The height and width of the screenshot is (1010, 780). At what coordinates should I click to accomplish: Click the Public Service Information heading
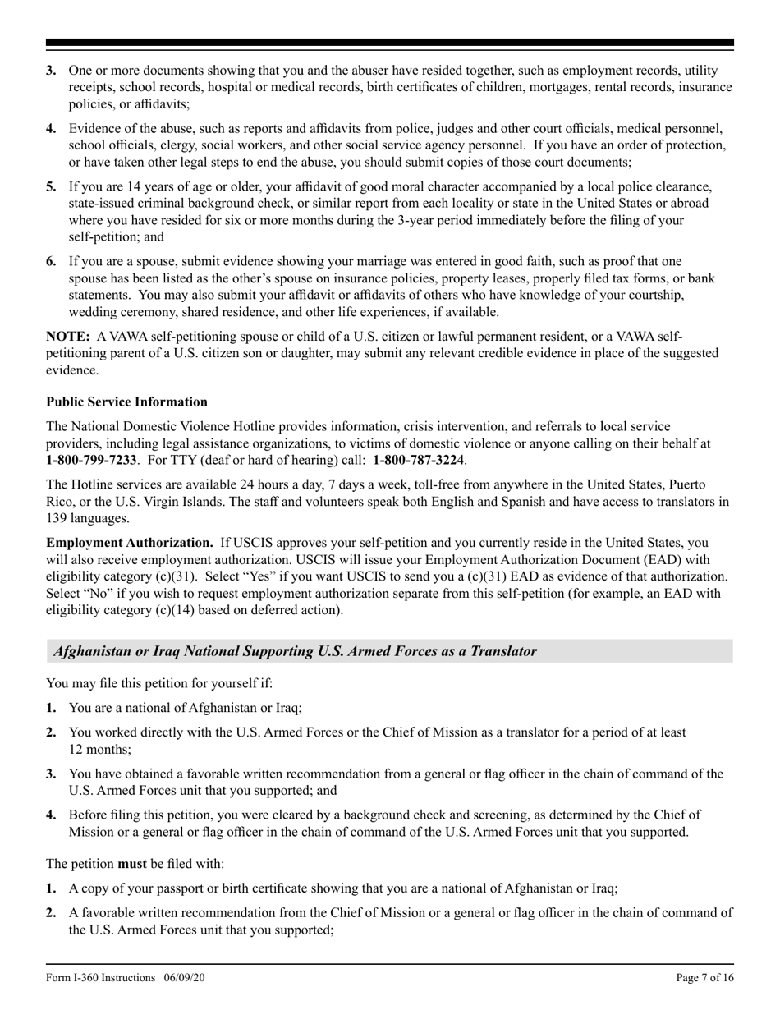click(x=126, y=402)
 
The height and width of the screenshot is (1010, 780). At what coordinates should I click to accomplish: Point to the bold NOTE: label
click(x=68, y=337)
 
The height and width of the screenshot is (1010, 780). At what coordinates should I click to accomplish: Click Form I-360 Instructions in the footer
click(x=101, y=977)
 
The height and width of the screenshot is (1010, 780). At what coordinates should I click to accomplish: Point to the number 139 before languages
click(x=57, y=518)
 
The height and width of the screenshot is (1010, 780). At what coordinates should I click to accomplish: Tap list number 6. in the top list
click(x=52, y=262)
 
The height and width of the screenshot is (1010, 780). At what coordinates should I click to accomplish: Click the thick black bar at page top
click(x=389, y=43)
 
